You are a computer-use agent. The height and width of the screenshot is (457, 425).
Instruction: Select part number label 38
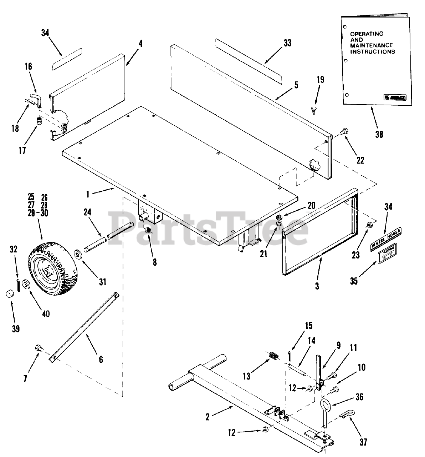pos(379,134)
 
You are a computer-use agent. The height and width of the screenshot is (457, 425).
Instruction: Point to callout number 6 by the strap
pos(101,360)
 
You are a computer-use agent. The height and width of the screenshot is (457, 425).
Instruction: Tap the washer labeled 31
pos(78,255)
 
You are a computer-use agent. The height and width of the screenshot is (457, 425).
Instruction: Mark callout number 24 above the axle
pos(87,212)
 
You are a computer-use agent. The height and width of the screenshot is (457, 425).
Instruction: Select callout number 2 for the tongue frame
pos(208,417)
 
